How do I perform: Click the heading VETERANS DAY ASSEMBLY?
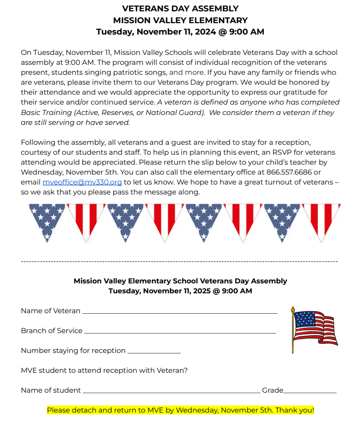(x=180, y=9)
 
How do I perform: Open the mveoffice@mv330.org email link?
(x=82, y=182)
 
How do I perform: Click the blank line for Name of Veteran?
(x=179, y=311)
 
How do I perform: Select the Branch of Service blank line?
(x=180, y=331)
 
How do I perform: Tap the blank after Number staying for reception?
(x=154, y=351)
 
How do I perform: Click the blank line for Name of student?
(x=171, y=391)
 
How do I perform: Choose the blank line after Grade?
(x=310, y=391)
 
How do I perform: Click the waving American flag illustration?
(x=315, y=327)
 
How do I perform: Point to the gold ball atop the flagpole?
(x=293, y=308)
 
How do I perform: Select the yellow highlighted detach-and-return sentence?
(x=180, y=410)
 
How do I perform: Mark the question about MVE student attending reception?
(x=104, y=370)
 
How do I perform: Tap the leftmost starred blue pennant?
(x=47, y=220)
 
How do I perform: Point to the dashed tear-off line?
(x=180, y=261)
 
